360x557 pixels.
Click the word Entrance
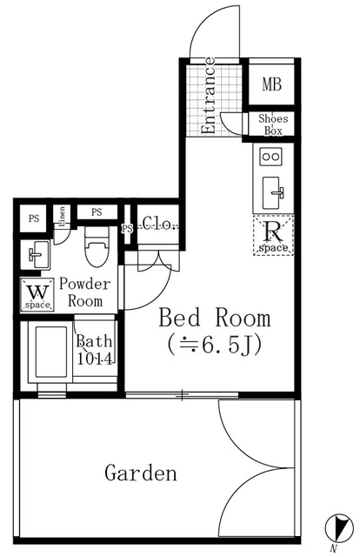pyautogui.click(x=210, y=96)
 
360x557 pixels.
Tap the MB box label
pyautogui.click(x=273, y=85)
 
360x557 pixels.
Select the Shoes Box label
pyautogui.click(x=273, y=124)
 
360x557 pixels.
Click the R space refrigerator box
pyautogui.click(x=272, y=235)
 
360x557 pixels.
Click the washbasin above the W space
pyautogui.click(x=37, y=255)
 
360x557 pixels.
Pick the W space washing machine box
pyautogui.click(x=37, y=294)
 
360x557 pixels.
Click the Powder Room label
pyautogui.click(x=84, y=292)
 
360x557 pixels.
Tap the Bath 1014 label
pyautogui.click(x=94, y=350)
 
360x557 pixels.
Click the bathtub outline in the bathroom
pyautogui.click(x=50, y=352)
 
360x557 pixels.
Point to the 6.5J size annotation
pyautogui.click(x=215, y=346)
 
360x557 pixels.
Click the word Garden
pyautogui.click(x=141, y=474)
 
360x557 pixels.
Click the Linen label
pyautogui.click(x=63, y=217)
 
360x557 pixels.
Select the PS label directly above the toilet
pyautogui.click(x=96, y=211)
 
